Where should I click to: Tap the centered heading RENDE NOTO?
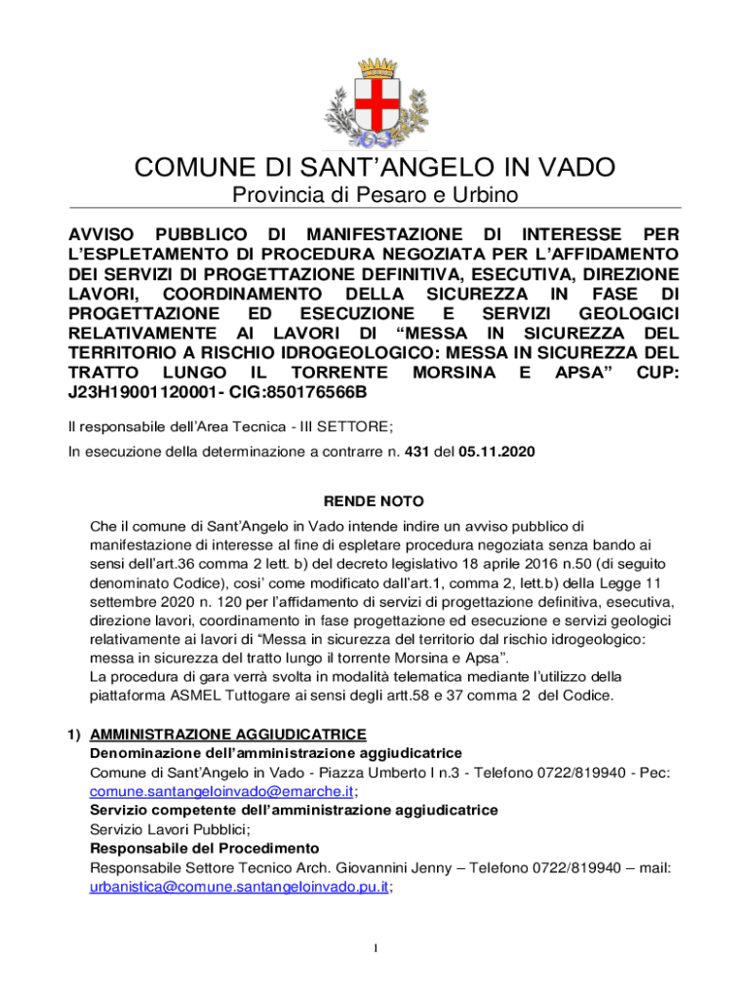pos(374,501)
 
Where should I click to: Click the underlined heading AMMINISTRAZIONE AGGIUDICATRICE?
pos(227,734)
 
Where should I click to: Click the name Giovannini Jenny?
pos(385,867)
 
